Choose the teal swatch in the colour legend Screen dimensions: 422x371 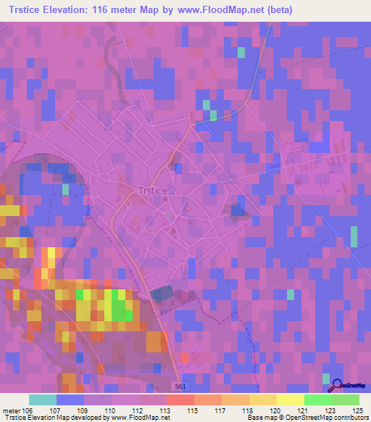point(43,400)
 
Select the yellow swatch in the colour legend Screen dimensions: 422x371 point(290,400)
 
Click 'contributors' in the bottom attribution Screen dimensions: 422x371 point(351,418)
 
